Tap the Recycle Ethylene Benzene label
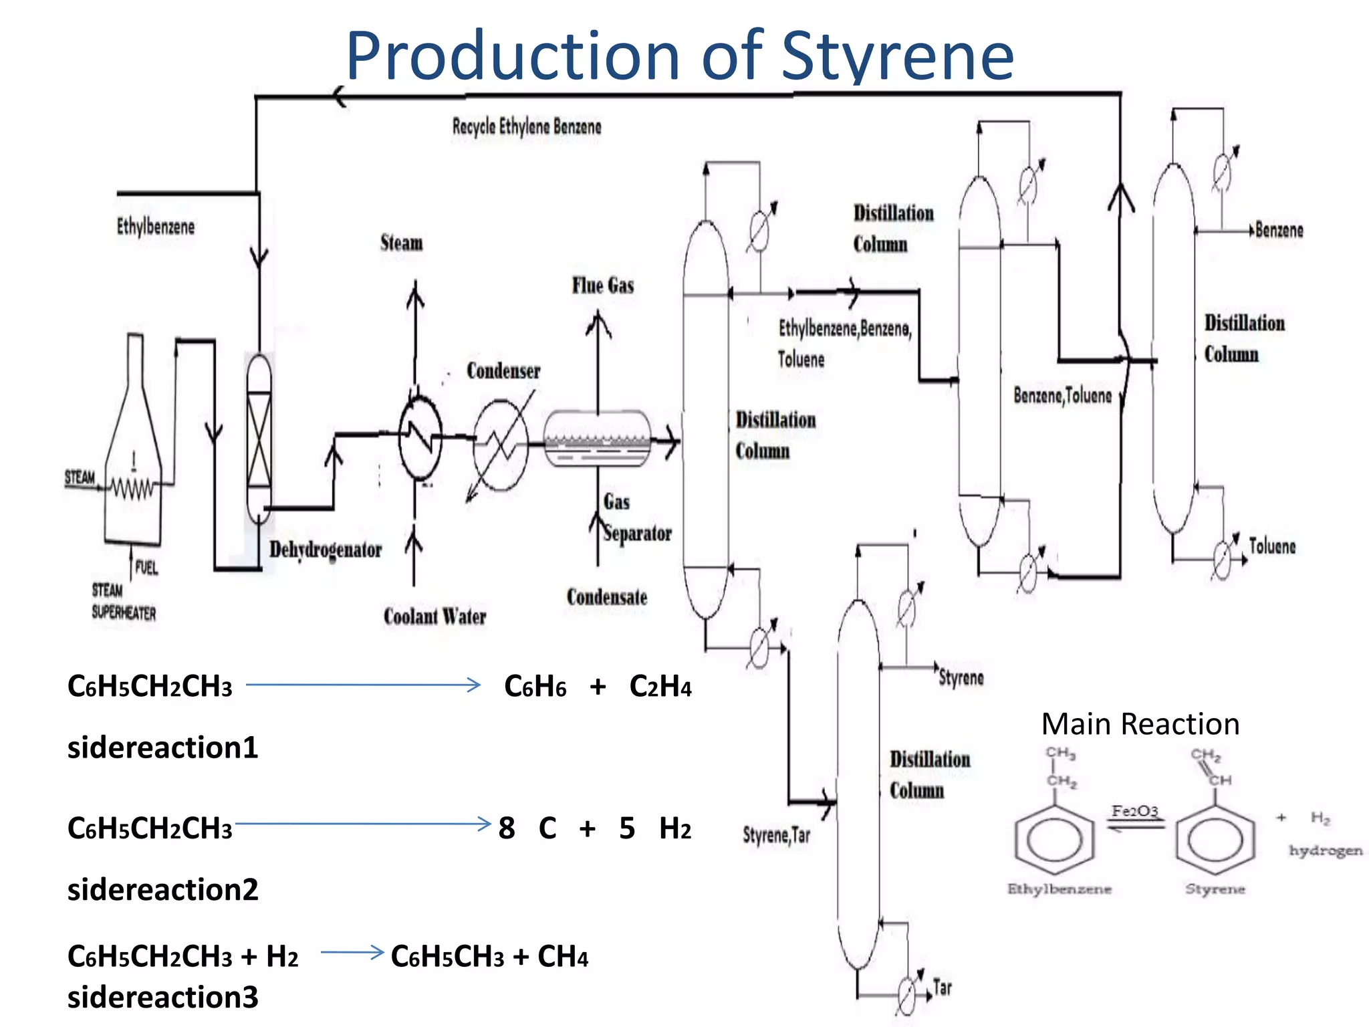point(527,126)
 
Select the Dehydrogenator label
point(326,550)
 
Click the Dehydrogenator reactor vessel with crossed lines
point(259,438)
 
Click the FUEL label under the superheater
point(146,568)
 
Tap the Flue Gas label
point(602,286)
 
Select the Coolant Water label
point(434,616)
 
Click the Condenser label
point(503,370)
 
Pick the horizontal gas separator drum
point(597,439)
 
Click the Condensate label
point(607,596)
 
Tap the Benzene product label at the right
point(1279,230)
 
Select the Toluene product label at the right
point(1272,546)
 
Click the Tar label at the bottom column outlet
point(942,988)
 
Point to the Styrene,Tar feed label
point(776,834)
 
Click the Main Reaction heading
point(1140,724)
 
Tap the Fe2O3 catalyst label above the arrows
point(1134,811)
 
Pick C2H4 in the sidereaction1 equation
point(660,687)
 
